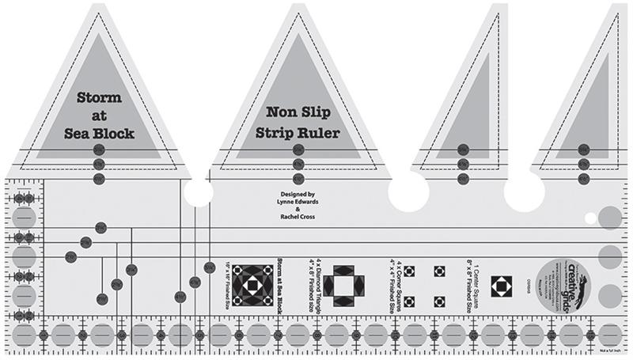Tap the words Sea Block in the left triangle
[x=100, y=133]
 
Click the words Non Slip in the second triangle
[x=298, y=112]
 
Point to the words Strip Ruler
[x=298, y=133]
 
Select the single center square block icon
[x=499, y=286]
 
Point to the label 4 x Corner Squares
[x=393, y=282]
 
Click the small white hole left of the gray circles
[x=590, y=218]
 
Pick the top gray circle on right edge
[x=610, y=217]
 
